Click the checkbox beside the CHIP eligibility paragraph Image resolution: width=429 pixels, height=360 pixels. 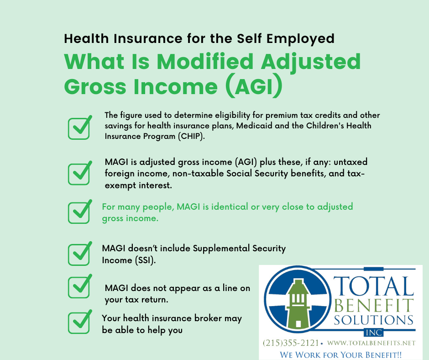point(79,128)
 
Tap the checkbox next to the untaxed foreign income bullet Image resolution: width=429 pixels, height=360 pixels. point(79,173)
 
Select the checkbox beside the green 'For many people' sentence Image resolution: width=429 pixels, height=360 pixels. point(79,212)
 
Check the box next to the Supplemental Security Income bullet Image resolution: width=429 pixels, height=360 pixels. point(79,254)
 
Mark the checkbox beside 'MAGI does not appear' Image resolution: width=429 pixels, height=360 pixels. point(79,287)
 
